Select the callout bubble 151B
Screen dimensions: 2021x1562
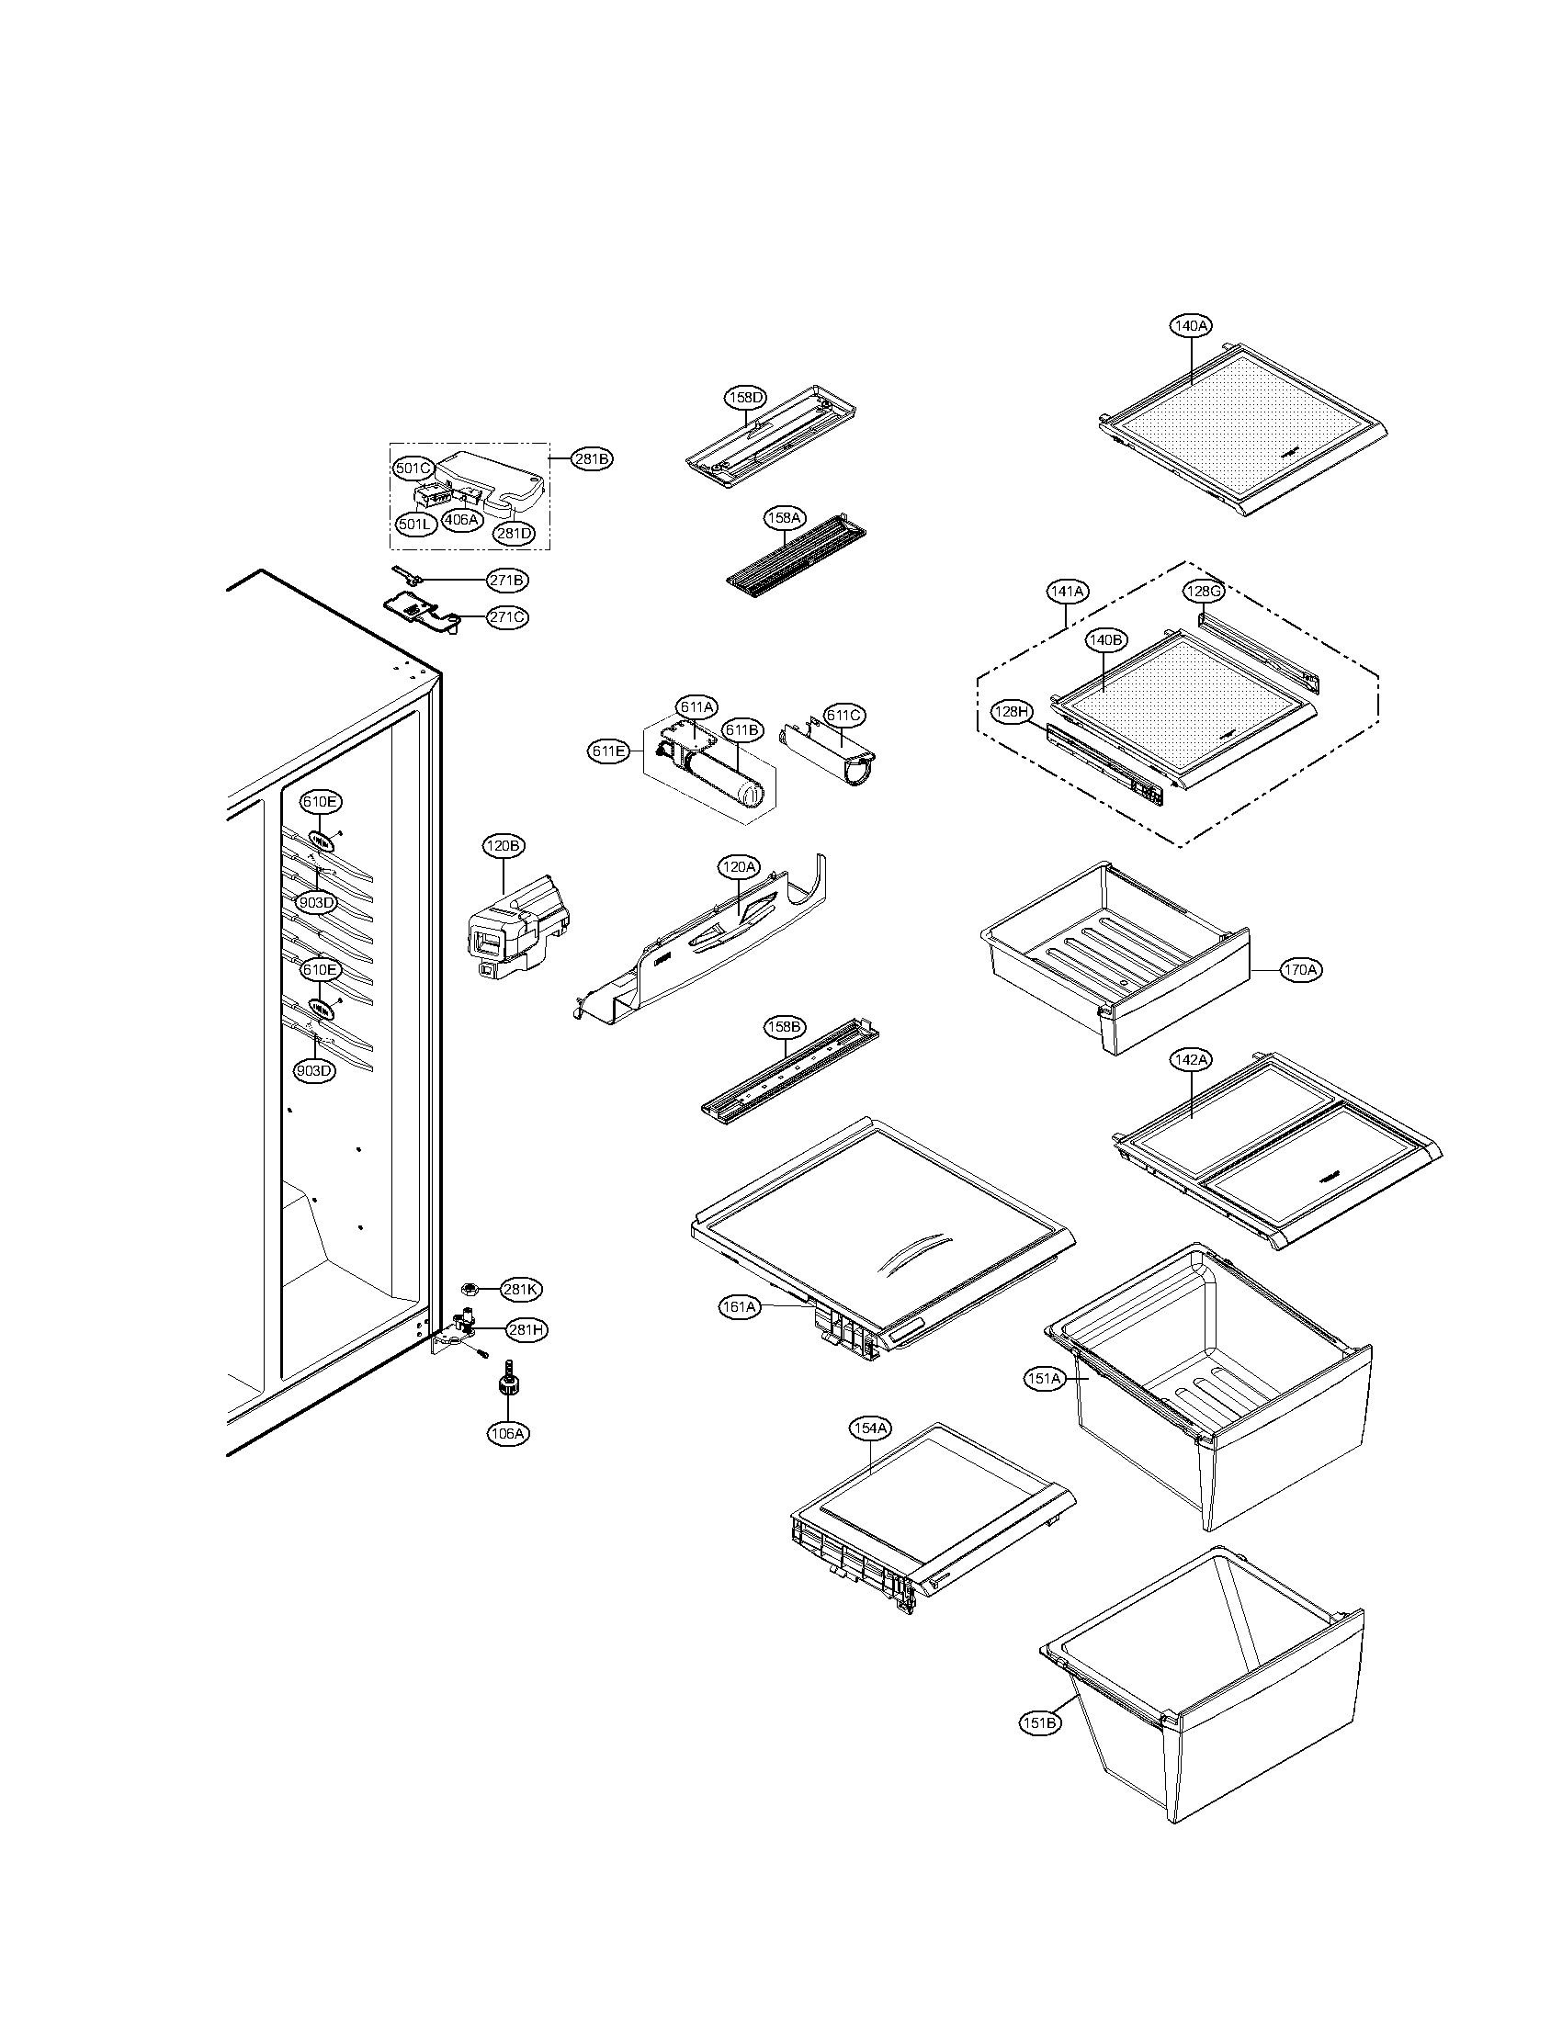pos(1040,1723)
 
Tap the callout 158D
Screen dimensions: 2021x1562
pos(745,398)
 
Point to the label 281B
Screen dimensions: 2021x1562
pos(592,458)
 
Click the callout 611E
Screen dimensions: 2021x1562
pos(608,751)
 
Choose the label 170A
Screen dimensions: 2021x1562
pos(1300,971)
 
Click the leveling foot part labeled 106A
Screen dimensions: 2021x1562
pos(507,1383)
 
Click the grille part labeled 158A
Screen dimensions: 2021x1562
pos(796,555)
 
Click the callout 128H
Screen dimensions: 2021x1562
pos(1012,712)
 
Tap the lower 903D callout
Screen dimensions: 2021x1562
pos(313,1070)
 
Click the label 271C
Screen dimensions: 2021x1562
pos(508,617)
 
